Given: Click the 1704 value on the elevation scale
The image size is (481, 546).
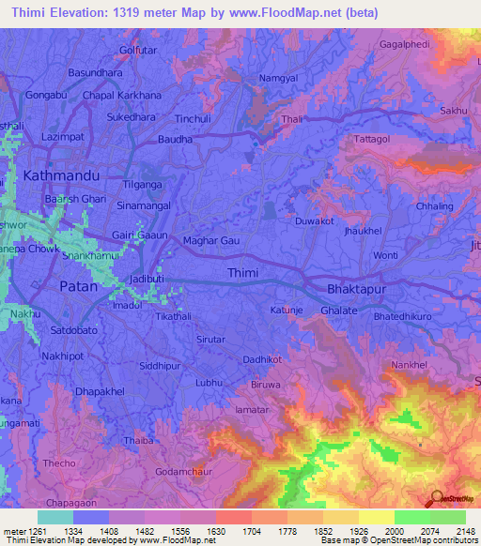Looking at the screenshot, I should click(x=233, y=532).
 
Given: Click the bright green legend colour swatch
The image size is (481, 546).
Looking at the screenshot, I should click(x=412, y=517).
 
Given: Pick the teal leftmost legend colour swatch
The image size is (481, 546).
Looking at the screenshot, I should click(x=55, y=517).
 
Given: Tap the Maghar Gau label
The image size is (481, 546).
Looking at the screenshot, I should click(x=211, y=241).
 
